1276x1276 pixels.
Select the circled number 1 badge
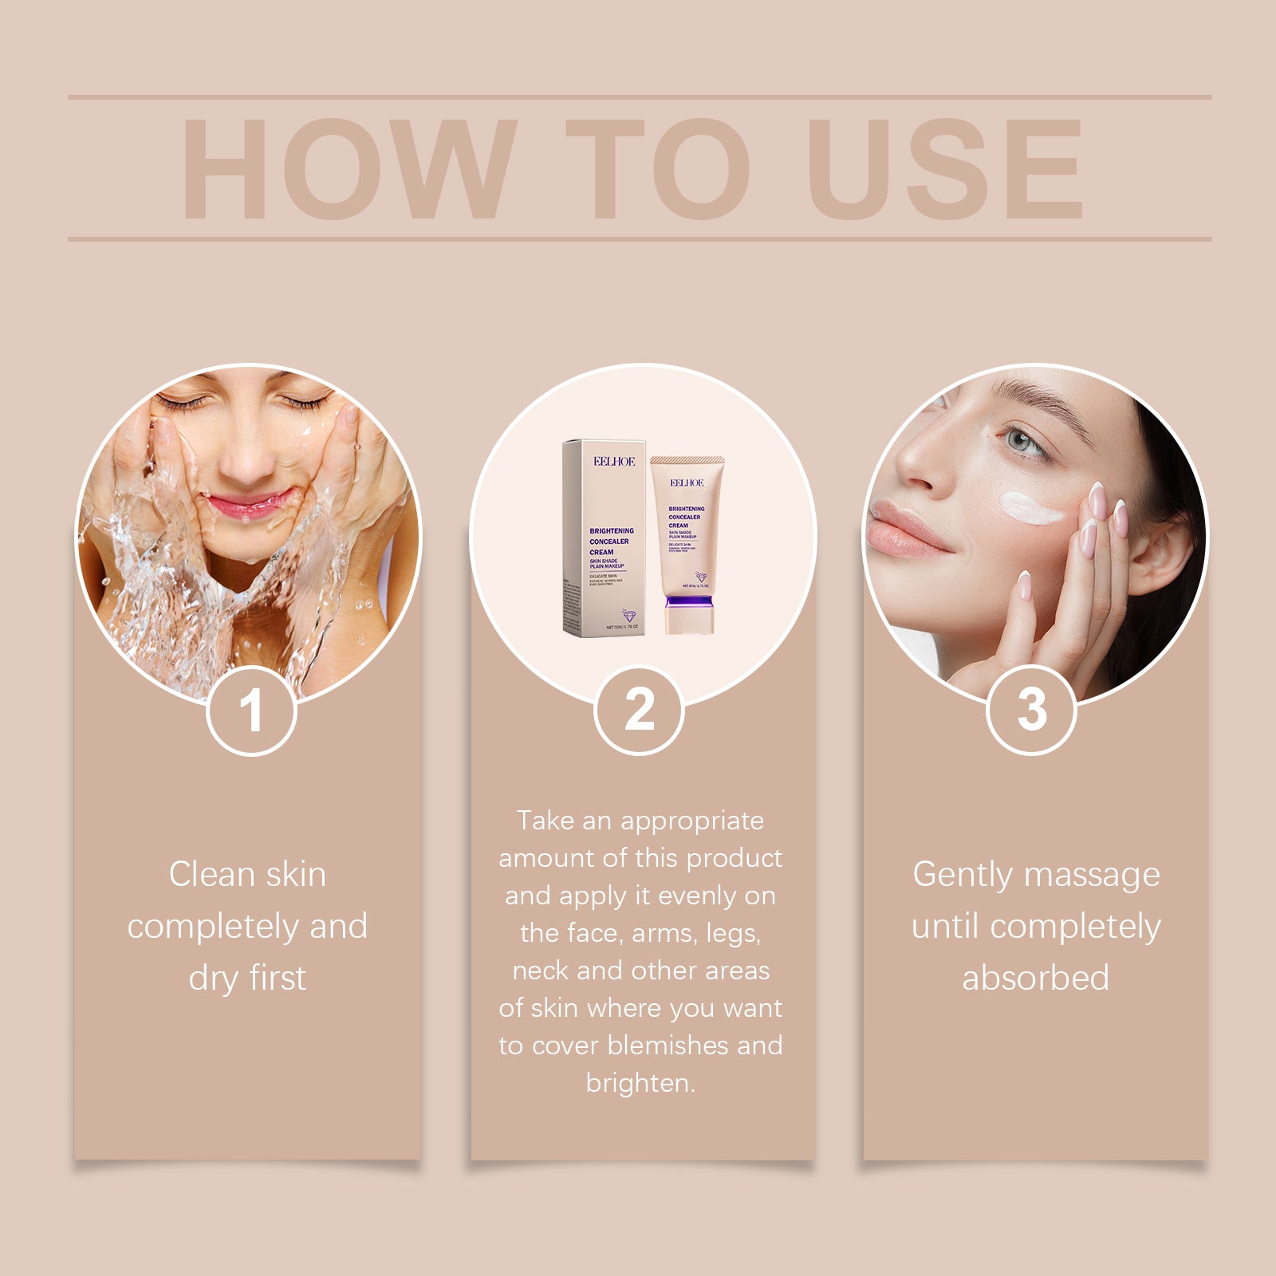[x=251, y=710]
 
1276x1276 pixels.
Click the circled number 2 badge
[x=640, y=710]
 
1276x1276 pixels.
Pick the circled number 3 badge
[x=1031, y=710]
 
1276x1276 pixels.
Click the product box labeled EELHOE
[x=604, y=538]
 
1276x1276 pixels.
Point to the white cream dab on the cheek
[x=1030, y=508]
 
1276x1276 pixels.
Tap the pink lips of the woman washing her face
[x=249, y=504]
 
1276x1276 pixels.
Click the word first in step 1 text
[x=277, y=979]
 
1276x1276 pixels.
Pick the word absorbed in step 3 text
[x=1035, y=979]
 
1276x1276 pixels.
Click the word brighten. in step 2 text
[x=640, y=1083]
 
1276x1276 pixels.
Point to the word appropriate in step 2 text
[x=692, y=821]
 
